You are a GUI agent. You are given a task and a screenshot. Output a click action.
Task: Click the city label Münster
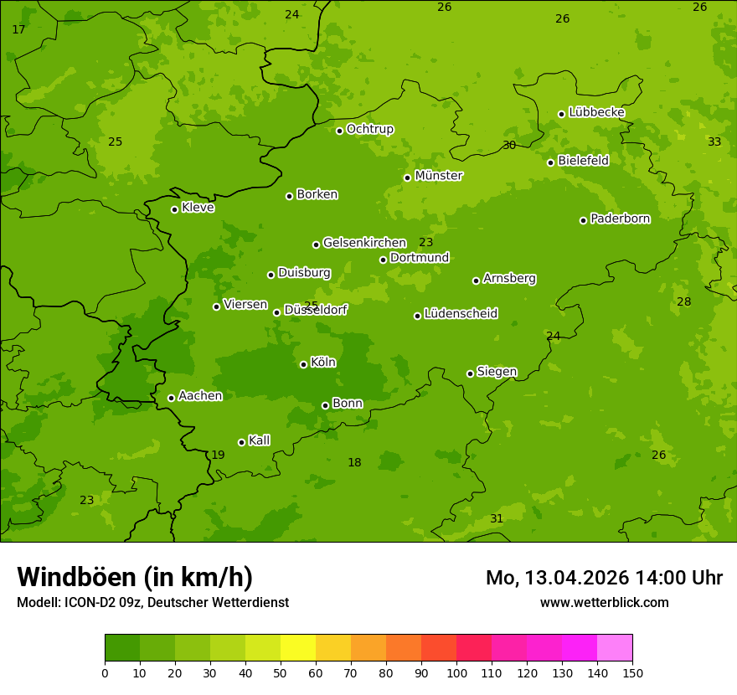pos(438,176)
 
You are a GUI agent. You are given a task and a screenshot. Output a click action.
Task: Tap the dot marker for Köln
pos(303,364)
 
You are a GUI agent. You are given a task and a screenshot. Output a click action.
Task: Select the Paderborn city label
pos(620,219)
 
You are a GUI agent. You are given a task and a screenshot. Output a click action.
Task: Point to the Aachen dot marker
pos(171,398)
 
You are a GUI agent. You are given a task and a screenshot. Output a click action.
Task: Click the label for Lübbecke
pos(596,112)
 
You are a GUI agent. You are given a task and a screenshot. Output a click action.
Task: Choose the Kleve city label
pos(198,208)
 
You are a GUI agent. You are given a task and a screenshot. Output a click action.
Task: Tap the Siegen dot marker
pos(470,373)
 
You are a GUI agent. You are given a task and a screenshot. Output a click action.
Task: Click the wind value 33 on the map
pos(714,142)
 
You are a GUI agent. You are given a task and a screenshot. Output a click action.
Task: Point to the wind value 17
pos(18,29)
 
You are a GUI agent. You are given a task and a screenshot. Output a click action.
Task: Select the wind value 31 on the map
pos(497,518)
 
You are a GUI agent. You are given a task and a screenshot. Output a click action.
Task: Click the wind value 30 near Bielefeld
pos(509,145)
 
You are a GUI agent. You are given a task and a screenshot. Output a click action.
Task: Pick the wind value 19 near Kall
pos(218,455)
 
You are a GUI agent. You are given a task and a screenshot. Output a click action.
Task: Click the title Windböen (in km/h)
pos(135,577)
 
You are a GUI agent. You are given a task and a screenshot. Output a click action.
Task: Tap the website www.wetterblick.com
pos(604,602)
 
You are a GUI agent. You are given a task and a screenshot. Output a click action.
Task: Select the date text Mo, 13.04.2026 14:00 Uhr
pos(604,578)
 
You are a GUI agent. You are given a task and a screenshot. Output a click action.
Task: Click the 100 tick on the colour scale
pos(456,672)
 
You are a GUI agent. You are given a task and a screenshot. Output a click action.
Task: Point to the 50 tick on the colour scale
pos(281,672)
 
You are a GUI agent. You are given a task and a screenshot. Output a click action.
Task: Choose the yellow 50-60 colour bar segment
pos(298,648)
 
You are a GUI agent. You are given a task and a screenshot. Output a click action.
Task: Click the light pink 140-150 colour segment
pos(615,648)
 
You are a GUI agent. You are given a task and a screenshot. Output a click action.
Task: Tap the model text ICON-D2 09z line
pos(152,602)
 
